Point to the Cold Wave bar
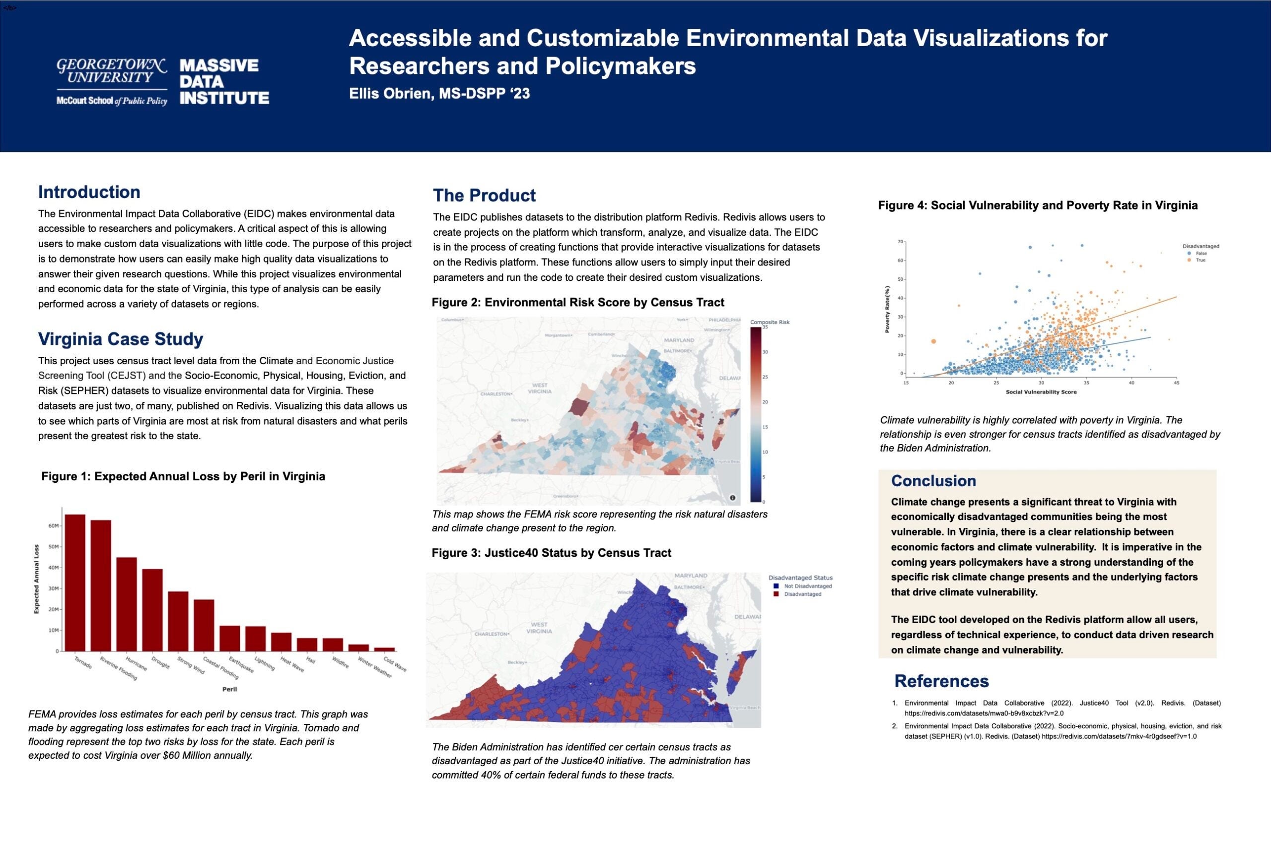click(384, 649)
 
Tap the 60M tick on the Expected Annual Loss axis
click(54, 525)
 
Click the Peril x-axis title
click(229, 689)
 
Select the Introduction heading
click(89, 192)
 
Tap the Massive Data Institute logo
click(224, 81)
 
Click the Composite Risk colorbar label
click(770, 322)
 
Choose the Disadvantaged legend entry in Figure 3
click(802, 594)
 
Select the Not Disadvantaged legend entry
click(807, 586)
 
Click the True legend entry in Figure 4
click(1200, 261)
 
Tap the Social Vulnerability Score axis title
click(1041, 392)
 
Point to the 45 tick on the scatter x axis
click(1177, 383)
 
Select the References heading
click(941, 681)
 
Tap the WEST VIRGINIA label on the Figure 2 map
click(539, 388)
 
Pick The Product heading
click(484, 195)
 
